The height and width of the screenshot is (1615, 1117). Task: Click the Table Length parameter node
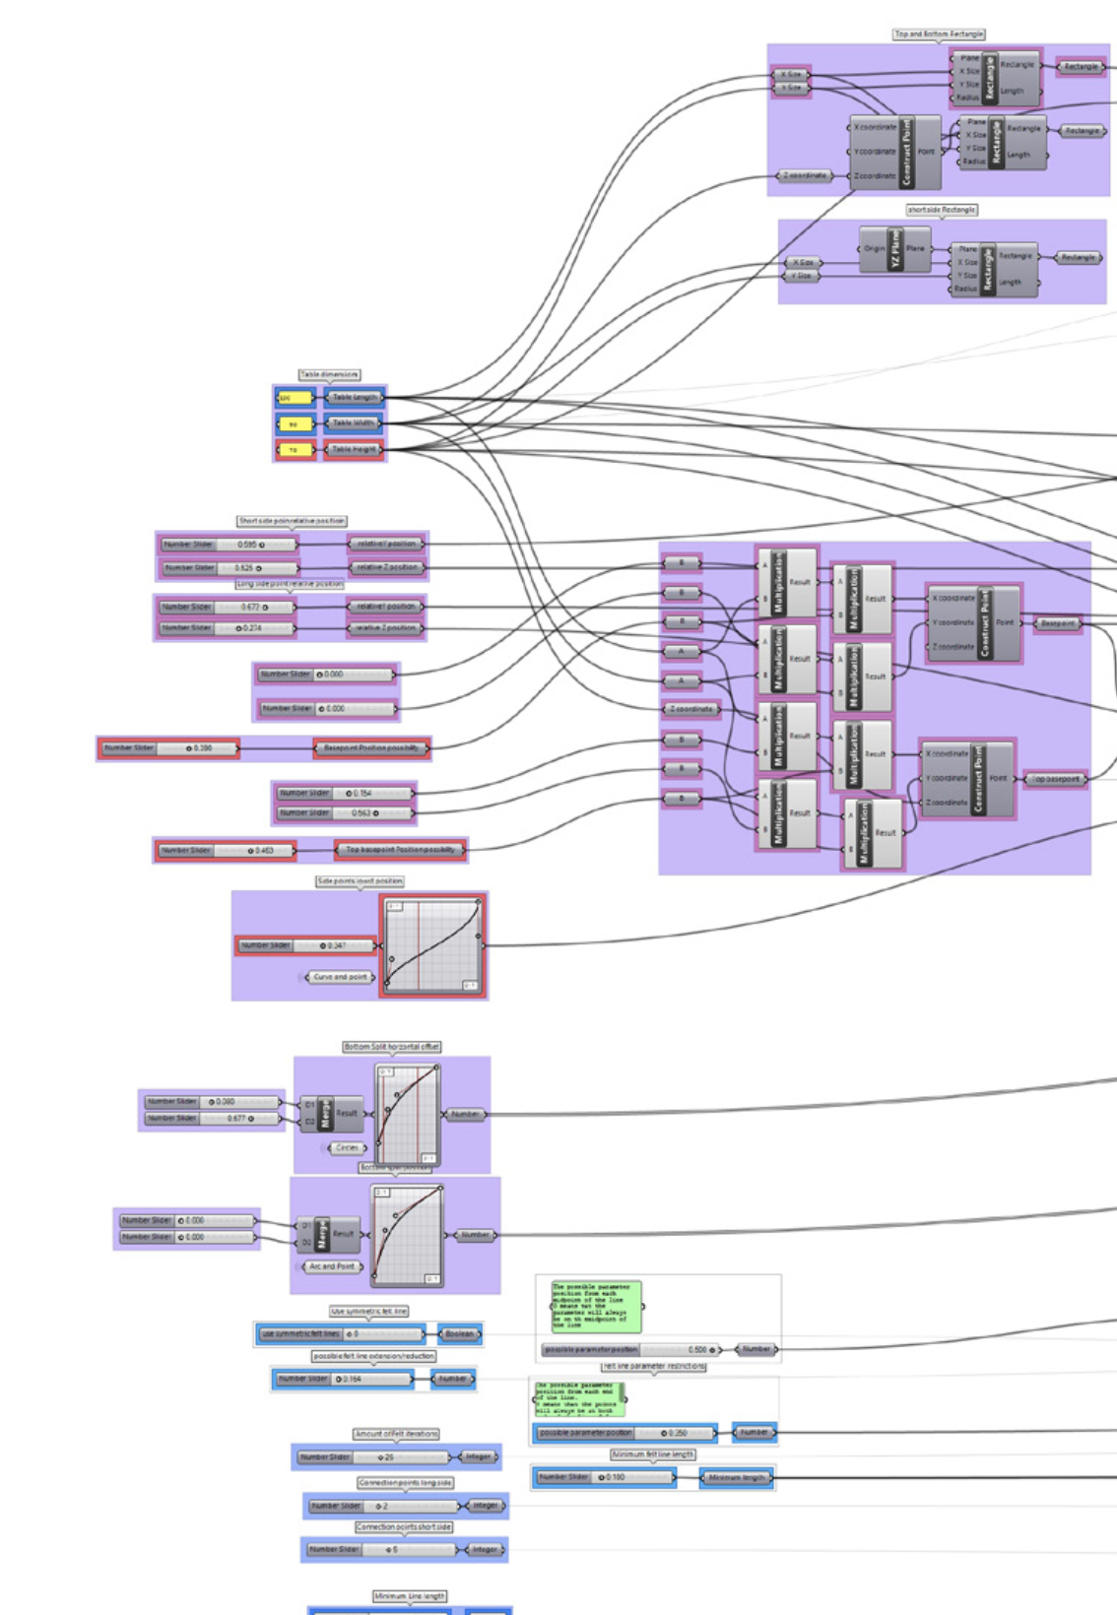(x=354, y=398)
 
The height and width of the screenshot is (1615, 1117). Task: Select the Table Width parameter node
(x=354, y=423)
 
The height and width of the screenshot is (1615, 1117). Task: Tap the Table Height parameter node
(x=354, y=450)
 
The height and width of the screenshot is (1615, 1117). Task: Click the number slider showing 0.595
(x=228, y=545)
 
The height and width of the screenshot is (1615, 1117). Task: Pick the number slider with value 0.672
(x=228, y=608)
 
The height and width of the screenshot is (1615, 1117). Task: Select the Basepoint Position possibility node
(x=371, y=748)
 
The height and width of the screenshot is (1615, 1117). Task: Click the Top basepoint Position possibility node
(x=400, y=850)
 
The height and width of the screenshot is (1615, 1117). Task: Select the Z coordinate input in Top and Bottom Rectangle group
(x=805, y=176)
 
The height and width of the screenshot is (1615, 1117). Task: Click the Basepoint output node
(x=1058, y=623)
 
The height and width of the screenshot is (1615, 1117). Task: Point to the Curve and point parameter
(x=340, y=977)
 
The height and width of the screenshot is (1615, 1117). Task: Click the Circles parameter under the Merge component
(x=347, y=1148)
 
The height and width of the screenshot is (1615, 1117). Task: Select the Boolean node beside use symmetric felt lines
(x=459, y=1334)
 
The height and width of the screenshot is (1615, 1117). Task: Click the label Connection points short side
(x=404, y=1527)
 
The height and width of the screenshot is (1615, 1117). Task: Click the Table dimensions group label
(x=329, y=375)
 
